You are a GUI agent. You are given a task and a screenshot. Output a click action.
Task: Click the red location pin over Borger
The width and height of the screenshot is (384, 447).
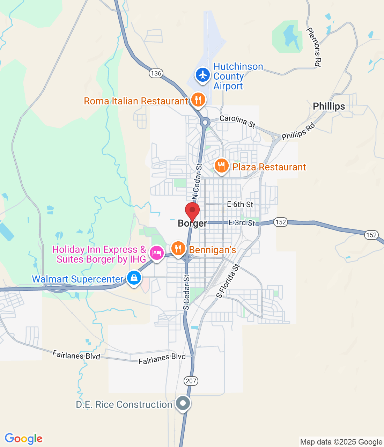click(x=192, y=210)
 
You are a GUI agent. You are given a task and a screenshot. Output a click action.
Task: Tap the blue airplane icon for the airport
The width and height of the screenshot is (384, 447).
click(x=202, y=75)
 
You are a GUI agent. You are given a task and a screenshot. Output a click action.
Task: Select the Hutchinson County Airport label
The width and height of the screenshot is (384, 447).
click(x=238, y=76)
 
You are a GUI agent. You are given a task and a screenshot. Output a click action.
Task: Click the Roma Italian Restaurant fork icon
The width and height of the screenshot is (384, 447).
click(x=198, y=100)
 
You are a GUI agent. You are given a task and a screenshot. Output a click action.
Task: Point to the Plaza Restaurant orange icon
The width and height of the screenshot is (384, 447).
click(x=221, y=166)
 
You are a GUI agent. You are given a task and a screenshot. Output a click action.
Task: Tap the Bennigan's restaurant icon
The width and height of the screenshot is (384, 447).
click(x=178, y=249)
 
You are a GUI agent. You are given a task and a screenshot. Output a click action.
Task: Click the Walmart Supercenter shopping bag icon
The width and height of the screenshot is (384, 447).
click(x=134, y=278)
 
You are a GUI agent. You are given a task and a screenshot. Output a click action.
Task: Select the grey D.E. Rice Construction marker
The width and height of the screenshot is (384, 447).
click(x=183, y=403)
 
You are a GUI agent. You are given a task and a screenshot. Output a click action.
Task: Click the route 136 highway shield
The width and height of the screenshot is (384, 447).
click(x=156, y=73)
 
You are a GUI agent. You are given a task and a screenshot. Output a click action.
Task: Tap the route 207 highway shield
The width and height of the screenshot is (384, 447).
click(x=191, y=381)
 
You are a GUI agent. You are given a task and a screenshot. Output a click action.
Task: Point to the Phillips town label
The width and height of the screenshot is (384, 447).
click(x=328, y=106)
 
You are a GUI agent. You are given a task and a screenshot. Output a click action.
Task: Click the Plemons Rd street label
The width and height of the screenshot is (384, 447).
click(x=314, y=47)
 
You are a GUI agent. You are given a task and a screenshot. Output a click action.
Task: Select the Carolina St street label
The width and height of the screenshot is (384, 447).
click(x=238, y=121)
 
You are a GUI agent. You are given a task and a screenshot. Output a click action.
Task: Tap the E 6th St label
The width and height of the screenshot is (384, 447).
click(x=240, y=204)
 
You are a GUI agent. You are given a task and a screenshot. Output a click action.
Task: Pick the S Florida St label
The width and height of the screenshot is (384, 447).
click(x=228, y=281)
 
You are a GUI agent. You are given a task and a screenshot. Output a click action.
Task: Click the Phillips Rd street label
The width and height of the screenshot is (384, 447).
click(x=298, y=131)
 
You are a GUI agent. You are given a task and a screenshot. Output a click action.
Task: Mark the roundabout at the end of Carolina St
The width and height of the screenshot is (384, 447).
click(x=205, y=122)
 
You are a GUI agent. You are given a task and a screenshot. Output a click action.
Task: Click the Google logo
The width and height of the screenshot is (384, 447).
click(x=23, y=439)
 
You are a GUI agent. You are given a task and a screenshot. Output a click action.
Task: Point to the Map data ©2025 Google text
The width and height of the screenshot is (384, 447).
click(x=341, y=442)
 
